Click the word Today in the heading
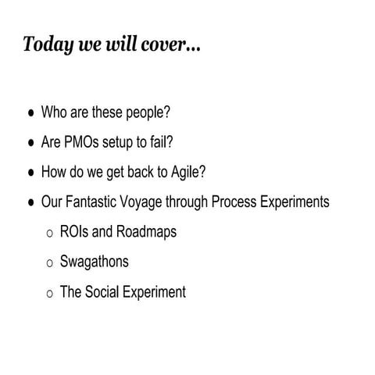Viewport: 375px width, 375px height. [x=46, y=44]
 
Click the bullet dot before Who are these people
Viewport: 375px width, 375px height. [x=31, y=113]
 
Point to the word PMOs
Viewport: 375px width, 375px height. [x=86, y=143]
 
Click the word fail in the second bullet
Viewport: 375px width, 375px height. [x=162, y=143]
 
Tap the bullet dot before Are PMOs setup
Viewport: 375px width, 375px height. [x=31, y=144]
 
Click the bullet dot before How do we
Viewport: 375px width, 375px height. [x=31, y=173]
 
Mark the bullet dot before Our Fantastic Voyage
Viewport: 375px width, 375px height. [x=31, y=203]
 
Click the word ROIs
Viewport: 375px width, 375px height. [x=74, y=232]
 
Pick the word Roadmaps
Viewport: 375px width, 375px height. [x=148, y=233]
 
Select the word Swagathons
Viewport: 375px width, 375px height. [x=95, y=262]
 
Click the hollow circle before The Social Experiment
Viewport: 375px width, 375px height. [x=50, y=294]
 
